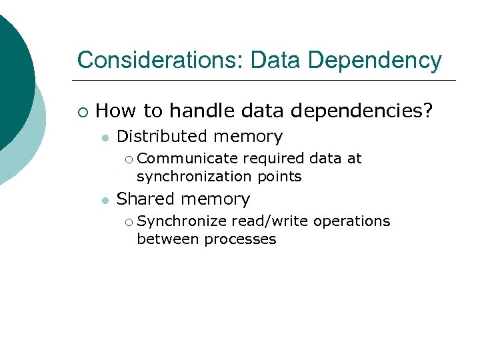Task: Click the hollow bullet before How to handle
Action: click(x=82, y=111)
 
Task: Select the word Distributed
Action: click(x=162, y=136)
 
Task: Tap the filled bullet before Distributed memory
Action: click(x=105, y=137)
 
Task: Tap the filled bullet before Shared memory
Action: click(x=105, y=200)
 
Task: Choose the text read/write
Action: click(x=269, y=221)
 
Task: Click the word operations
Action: click(x=351, y=221)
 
